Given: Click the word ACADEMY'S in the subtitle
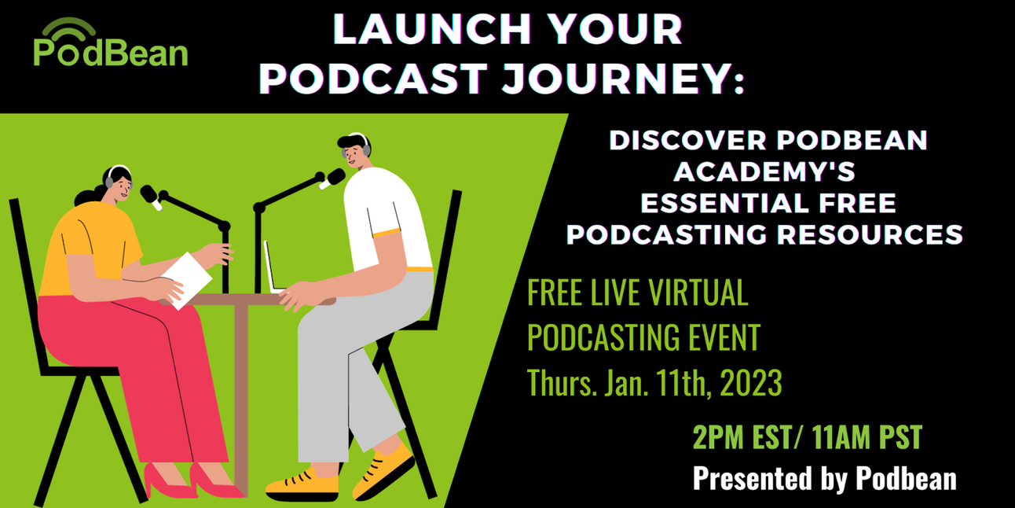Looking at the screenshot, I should [768, 171].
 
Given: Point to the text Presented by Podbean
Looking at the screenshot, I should [824, 477].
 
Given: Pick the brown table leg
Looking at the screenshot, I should [240, 393].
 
